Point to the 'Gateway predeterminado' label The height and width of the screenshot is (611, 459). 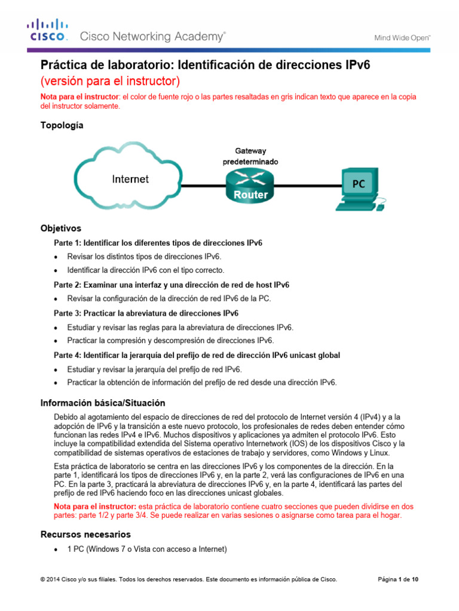pos(250,156)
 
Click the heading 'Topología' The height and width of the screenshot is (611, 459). pos(62,125)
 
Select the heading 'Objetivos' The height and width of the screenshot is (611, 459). pos(60,229)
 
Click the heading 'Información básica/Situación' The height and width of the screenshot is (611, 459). pos(102,403)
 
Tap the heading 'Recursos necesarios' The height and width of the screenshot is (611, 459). pos(85,534)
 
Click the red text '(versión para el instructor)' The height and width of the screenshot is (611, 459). pos(109,81)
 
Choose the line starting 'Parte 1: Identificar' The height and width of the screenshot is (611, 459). pos(158,243)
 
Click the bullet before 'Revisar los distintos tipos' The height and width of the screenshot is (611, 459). pos(56,257)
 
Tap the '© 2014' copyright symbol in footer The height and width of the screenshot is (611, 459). pos(42,579)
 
